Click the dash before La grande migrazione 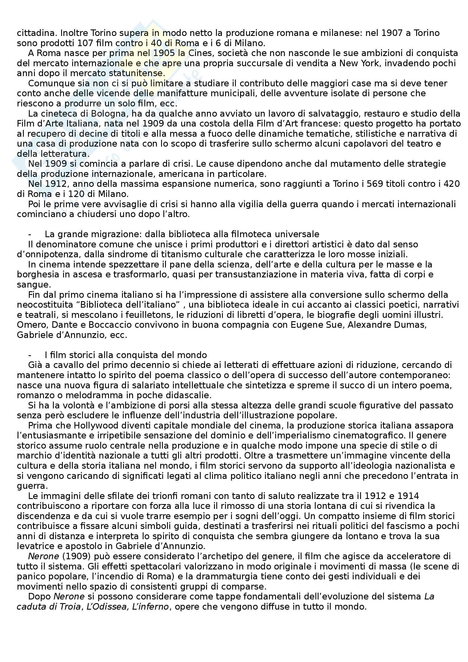point(30,234)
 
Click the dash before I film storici point(30,355)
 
